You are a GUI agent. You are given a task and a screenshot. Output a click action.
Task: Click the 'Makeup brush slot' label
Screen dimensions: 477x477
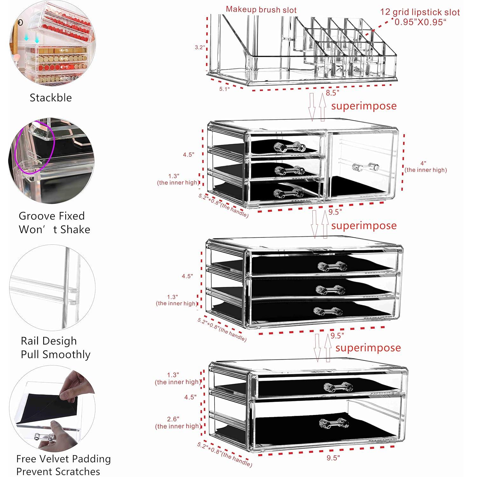[261, 10]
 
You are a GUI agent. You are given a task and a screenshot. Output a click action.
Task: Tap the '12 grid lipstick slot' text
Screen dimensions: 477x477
[420, 12]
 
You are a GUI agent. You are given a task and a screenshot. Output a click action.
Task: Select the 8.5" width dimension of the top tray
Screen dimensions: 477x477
[332, 93]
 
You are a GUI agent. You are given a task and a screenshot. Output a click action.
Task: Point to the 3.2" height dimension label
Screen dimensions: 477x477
[200, 47]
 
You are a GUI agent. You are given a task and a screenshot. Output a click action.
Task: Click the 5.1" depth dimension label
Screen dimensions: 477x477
[224, 89]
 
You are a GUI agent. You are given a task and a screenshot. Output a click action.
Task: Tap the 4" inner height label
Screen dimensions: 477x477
[425, 167]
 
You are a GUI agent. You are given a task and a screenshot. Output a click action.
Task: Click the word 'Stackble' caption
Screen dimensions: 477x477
[51, 98]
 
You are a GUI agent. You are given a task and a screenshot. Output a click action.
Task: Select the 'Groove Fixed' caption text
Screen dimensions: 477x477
[52, 216]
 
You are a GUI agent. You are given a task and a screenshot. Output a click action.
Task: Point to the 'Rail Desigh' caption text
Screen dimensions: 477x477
[49, 341]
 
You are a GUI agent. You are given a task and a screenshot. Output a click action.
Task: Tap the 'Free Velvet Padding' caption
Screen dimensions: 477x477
[63, 459]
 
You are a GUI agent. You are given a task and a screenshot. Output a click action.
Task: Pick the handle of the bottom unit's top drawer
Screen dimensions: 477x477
[338, 387]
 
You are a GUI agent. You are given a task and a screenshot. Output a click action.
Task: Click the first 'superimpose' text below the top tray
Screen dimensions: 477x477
[364, 106]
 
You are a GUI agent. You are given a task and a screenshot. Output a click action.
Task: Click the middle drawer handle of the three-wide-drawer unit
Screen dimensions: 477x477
[331, 289]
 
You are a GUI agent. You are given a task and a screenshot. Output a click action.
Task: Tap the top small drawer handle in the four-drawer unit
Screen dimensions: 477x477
[290, 146]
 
